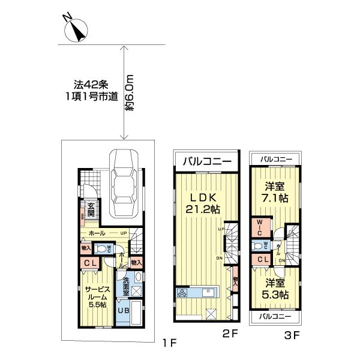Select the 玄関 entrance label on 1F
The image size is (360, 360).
(x=91, y=209)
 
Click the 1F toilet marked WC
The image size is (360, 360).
(x=103, y=249)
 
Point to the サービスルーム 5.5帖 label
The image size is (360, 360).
(x=94, y=296)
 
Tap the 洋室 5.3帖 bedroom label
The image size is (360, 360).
(x=275, y=289)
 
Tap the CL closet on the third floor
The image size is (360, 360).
(x=262, y=259)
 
